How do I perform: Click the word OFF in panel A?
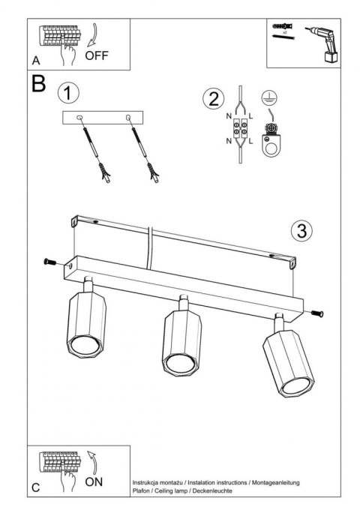(97, 55)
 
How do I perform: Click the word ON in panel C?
(94, 481)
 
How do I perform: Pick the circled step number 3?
(301, 230)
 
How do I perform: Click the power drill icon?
(325, 43)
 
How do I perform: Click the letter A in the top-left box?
(36, 60)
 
